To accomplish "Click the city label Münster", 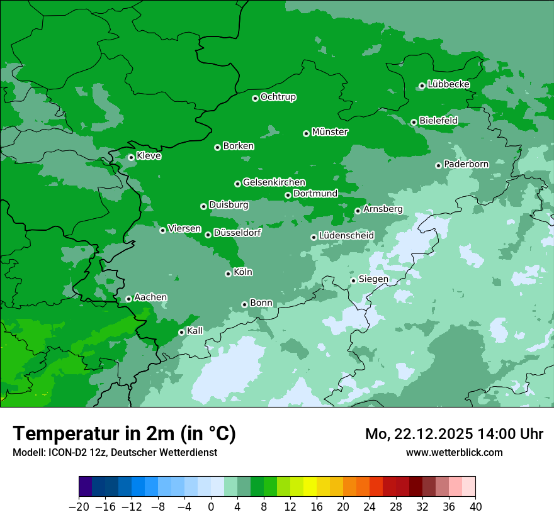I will click(x=330, y=132).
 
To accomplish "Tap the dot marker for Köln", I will click(x=228, y=274).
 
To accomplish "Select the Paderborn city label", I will click(x=466, y=164).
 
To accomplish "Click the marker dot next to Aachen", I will click(x=128, y=299).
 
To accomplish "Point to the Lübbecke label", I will click(x=448, y=84).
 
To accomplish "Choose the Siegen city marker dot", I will click(x=353, y=280).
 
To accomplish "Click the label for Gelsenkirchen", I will click(x=274, y=182).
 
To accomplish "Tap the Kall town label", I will click(x=195, y=331).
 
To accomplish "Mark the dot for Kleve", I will click(x=131, y=157).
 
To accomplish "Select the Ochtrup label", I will click(x=278, y=97).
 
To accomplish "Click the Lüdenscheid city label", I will click(x=346, y=236).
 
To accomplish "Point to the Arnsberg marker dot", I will click(x=358, y=211).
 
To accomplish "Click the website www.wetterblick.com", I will click(x=455, y=452).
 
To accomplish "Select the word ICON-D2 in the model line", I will click(x=63, y=452).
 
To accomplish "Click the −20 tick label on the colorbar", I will click(x=79, y=507).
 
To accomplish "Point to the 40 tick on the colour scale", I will click(x=475, y=507).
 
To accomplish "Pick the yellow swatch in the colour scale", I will click(x=310, y=487).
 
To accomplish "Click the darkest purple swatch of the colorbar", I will click(x=86, y=487).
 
